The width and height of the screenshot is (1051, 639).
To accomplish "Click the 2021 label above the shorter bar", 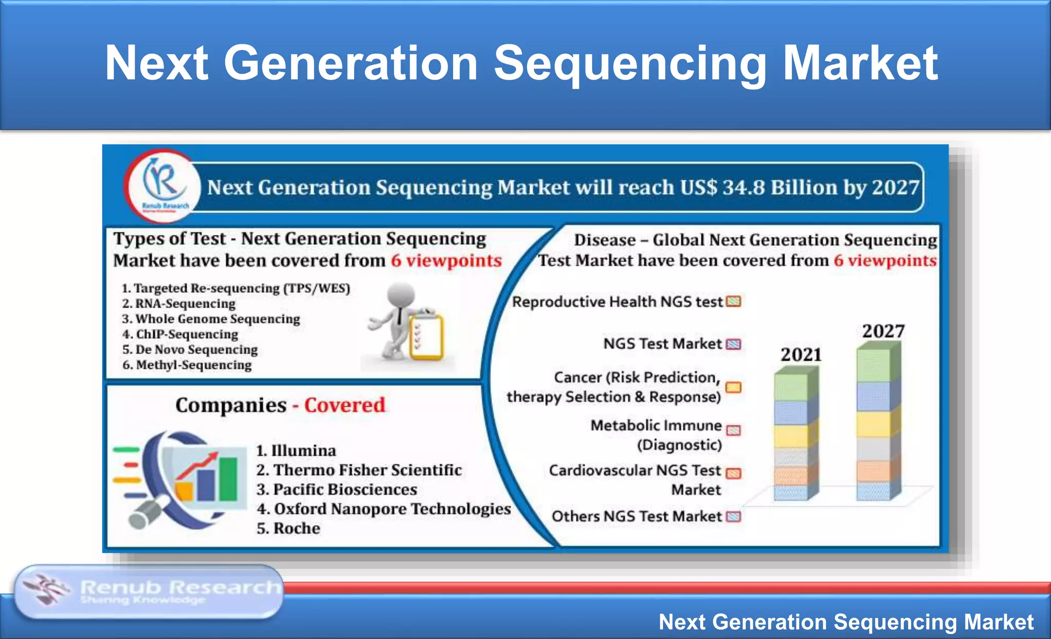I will pyautogui.click(x=801, y=355).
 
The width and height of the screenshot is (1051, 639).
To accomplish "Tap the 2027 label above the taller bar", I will pyautogui.click(x=883, y=331).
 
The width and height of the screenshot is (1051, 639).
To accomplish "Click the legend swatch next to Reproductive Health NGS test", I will pyautogui.click(x=734, y=302).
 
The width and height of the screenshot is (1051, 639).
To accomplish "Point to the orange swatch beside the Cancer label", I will pyautogui.click(x=733, y=387).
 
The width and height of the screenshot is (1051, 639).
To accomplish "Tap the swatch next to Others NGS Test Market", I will pyautogui.click(x=734, y=516).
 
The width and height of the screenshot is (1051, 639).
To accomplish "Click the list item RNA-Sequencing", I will pyautogui.click(x=185, y=304).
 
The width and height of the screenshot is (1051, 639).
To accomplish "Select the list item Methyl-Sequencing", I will pyautogui.click(x=193, y=365).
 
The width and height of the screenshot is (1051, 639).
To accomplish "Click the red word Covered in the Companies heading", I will pyautogui.click(x=344, y=405).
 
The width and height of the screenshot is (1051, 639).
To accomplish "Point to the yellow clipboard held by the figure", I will pyautogui.click(x=426, y=338).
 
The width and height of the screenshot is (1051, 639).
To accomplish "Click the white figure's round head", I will pyautogui.click(x=400, y=295).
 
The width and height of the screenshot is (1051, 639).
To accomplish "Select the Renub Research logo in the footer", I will pyautogui.click(x=149, y=592).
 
